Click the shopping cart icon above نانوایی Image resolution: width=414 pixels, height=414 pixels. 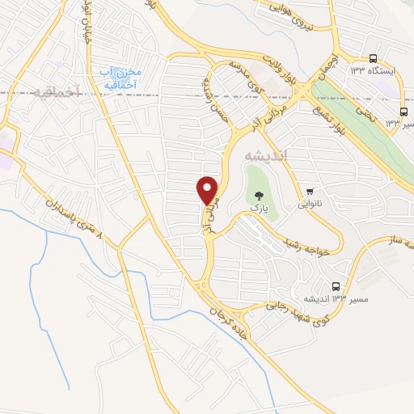click(x=310, y=190)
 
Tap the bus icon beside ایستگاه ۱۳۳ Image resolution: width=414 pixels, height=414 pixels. click(x=372, y=58)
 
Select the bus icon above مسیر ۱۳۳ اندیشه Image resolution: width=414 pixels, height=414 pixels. click(x=336, y=285)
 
